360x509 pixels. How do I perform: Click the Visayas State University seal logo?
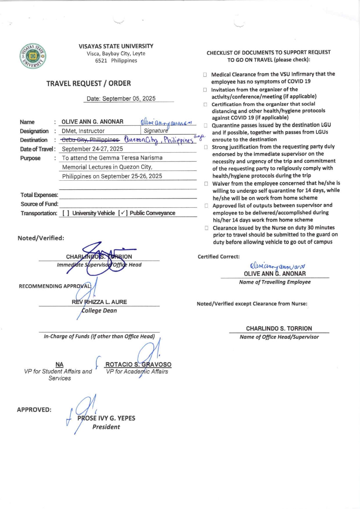coord(33,56)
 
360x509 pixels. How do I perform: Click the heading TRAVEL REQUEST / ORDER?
coord(89,84)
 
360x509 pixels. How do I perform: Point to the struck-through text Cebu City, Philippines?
coord(90,140)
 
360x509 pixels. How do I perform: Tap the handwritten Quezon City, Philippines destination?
coord(159,140)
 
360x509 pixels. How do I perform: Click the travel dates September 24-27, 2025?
coord(92,149)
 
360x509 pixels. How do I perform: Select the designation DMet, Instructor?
coord(83,131)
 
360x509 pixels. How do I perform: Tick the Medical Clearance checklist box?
coord(205,75)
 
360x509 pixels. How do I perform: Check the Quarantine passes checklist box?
coord(206,126)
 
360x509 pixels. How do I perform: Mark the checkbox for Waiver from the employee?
coord(206,184)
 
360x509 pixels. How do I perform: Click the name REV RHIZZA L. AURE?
coord(99,302)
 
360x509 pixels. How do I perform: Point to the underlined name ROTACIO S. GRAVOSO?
coord(138,364)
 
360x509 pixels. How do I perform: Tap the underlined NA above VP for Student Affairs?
coord(60,364)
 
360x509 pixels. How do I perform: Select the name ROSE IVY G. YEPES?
coord(106,418)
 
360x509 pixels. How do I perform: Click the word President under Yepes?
coord(106,427)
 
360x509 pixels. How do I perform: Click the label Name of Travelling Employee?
coord(275,282)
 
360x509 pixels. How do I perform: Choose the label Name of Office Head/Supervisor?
coord(279,337)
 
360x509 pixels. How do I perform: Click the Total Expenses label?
coord(39,195)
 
